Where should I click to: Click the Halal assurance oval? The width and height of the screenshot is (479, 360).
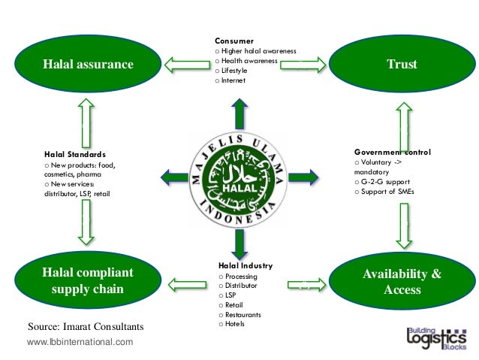(x=87, y=64)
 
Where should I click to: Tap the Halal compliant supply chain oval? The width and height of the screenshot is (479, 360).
(x=87, y=280)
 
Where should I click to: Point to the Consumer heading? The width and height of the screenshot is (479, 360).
(x=234, y=41)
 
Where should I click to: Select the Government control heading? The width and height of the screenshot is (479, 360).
(x=392, y=152)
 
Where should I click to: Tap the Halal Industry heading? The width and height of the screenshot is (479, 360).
(x=246, y=265)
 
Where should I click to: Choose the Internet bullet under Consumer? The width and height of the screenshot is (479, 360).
(x=232, y=80)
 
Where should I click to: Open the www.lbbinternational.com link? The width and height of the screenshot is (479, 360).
(x=80, y=342)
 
